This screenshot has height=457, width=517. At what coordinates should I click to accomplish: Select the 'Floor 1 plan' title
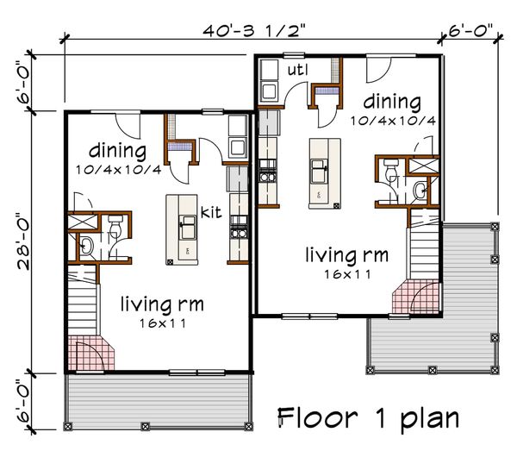(x=369, y=419)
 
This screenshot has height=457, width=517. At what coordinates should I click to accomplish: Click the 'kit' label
(x=211, y=212)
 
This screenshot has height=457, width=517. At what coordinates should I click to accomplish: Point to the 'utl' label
(x=298, y=70)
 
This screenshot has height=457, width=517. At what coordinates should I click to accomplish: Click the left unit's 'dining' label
(x=118, y=151)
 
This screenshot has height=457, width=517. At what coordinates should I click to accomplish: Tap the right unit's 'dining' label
(x=392, y=102)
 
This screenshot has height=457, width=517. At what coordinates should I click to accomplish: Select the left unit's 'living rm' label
(x=162, y=304)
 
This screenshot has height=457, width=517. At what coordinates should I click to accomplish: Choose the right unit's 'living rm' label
(x=347, y=255)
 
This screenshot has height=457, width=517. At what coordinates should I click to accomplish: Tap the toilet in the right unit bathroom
(x=392, y=168)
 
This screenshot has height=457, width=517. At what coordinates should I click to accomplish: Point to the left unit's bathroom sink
(x=86, y=246)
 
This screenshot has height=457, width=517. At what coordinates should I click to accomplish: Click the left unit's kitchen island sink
(x=188, y=227)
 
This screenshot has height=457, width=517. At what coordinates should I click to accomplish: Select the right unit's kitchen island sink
(x=319, y=171)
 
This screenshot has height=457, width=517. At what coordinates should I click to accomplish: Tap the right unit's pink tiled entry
(x=416, y=297)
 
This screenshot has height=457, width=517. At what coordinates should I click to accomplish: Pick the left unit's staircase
(x=83, y=300)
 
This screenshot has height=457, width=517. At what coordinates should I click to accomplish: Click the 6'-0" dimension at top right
(x=470, y=31)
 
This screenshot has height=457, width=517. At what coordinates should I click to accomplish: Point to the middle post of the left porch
(x=145, y=426)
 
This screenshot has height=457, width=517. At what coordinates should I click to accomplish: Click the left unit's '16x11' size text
(x=163, y=323)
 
